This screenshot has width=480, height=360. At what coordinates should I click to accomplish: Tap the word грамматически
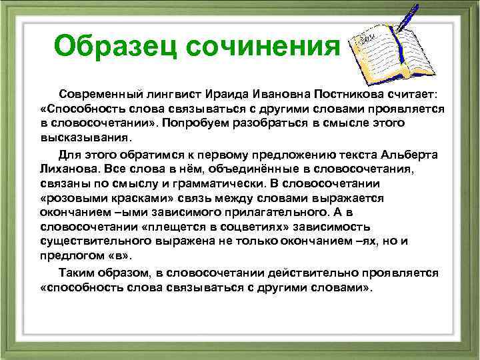(x=211, y=184)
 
